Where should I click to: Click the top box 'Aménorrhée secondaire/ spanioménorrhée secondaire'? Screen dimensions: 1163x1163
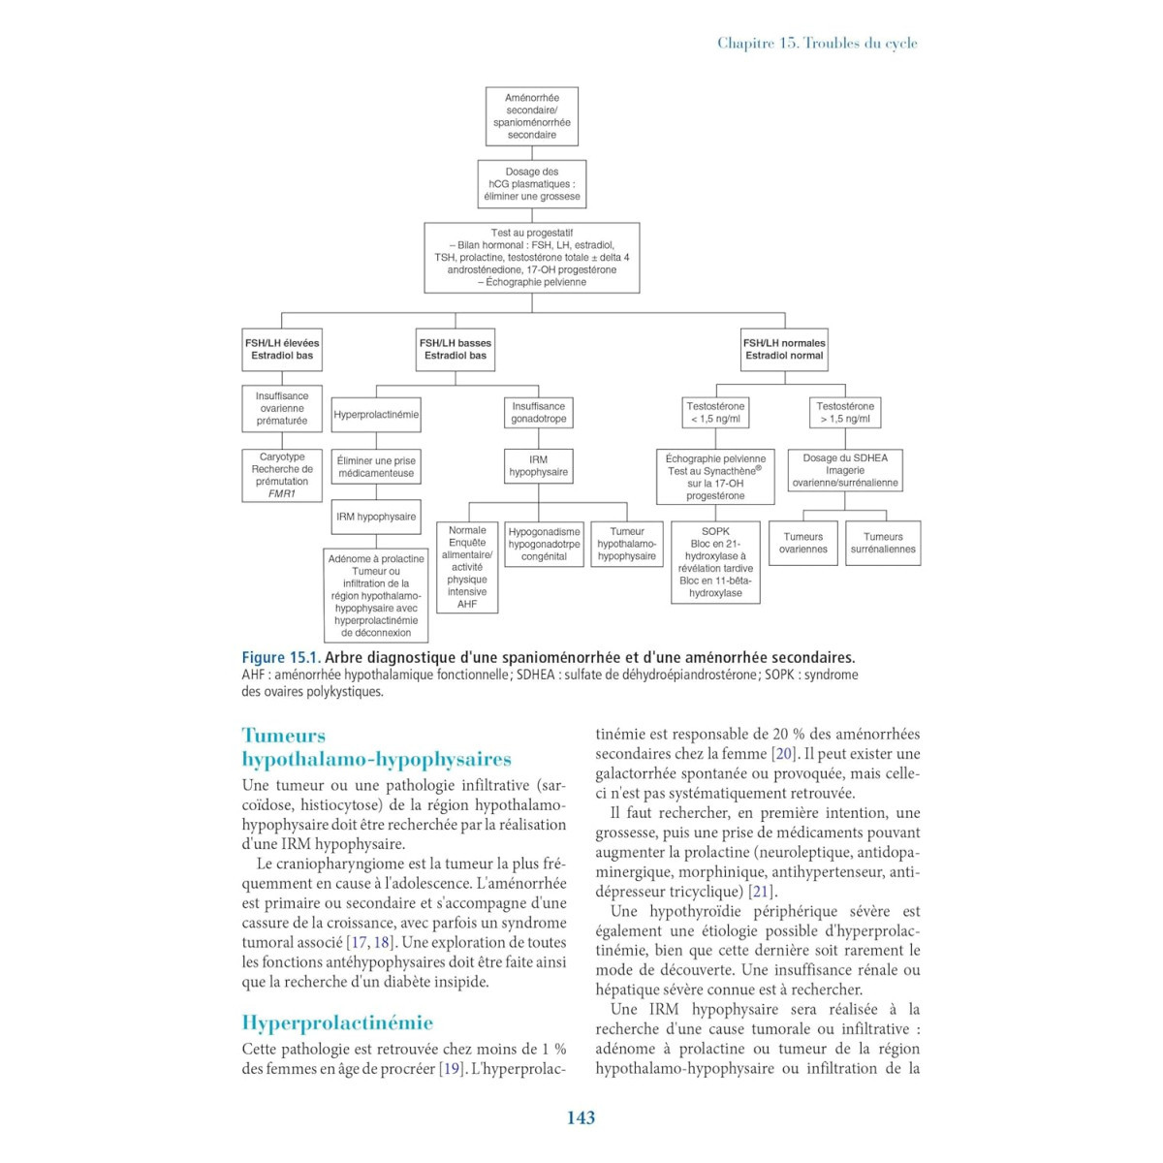tap(531, 116)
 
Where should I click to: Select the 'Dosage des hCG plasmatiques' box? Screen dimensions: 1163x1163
tap(531, 184)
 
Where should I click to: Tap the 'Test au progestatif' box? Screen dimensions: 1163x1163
tap(531, 258)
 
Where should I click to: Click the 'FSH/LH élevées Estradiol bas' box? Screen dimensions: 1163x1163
tap(282, 349)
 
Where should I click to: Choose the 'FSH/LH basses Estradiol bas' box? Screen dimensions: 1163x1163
tap(455, 349)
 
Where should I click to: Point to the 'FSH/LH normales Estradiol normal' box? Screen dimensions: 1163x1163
tap(784, 349)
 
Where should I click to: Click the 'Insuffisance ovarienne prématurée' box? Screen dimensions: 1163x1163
tap(282, 408)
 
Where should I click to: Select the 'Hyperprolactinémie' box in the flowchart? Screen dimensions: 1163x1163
tap(376, 415)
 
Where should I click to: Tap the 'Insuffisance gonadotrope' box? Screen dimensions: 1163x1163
tap(538, 413)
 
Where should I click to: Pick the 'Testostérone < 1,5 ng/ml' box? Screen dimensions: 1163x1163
tap(715, 413)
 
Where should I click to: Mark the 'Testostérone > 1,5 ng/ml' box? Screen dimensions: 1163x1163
tap(845, 413)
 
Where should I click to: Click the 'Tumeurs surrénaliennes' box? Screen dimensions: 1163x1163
tap(883, 543)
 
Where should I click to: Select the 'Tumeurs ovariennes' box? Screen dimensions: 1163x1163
tap(803, 543)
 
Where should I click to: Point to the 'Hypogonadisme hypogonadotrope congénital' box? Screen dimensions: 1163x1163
tap(544, 544)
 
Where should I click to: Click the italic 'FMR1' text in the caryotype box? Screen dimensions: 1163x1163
tap(282, 493)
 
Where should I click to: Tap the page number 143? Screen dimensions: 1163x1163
tap(581, 1117)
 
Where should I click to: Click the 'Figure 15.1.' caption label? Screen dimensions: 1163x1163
tap(280, 657)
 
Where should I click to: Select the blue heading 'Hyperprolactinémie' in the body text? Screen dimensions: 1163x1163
tap(337, 1022)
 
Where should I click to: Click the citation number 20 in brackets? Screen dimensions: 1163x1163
tap(783, 754)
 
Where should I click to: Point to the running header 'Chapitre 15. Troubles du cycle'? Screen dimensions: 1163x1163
tap(817, 43)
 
